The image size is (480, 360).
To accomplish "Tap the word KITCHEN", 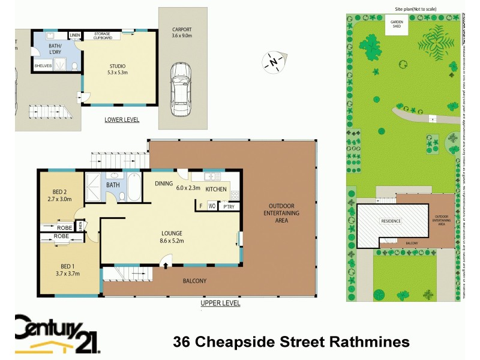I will [216, 189].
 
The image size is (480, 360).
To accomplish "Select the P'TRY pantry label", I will [228, 206].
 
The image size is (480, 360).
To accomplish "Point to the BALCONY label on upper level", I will [194, 281].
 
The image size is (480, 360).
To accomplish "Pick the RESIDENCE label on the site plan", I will [391, 221].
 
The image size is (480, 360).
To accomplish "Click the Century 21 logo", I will [57, 334].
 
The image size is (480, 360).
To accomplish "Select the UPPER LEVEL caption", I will [220, 304].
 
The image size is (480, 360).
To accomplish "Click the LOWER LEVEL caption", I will [122, 120].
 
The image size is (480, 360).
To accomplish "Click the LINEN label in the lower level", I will [75, 35].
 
